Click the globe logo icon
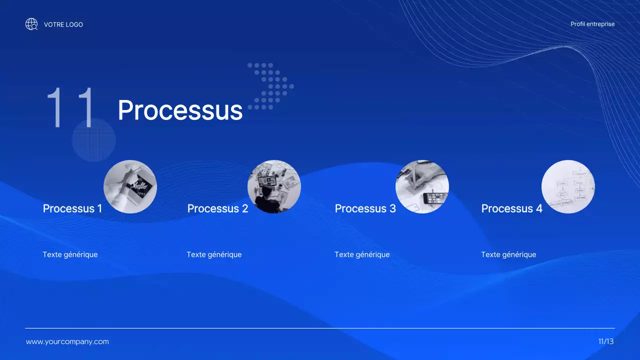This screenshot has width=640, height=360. (x=31, y=24)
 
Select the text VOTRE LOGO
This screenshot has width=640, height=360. (x=63, y=24)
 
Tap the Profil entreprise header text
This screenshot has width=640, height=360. (x=592, y=24)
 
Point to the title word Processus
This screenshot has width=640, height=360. (x=180, y=110)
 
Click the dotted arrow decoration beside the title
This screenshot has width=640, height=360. (x=270, y=86)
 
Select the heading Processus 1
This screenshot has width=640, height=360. (x=72, y=208)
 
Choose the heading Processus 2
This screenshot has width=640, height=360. (x=217, y=208)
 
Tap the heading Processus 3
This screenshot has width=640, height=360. (x=365, y=208)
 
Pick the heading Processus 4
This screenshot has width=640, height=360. (x=511, y=208)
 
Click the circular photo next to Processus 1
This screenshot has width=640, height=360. (x=130, y=186)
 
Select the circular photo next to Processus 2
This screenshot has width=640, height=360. (x=274, y=186)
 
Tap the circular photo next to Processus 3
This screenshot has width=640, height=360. (x=422, y=186)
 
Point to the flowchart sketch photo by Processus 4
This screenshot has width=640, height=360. (x=568, y=186)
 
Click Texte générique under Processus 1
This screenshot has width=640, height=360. (x=70, y=254)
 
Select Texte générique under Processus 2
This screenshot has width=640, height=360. (x=214, y=254)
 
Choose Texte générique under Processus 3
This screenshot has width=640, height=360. (x=362, y=254)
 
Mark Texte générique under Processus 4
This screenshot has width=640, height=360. (x=508, y=254)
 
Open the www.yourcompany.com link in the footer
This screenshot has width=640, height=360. (x=67, y=342)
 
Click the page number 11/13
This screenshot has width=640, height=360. (x=606, y=341)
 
